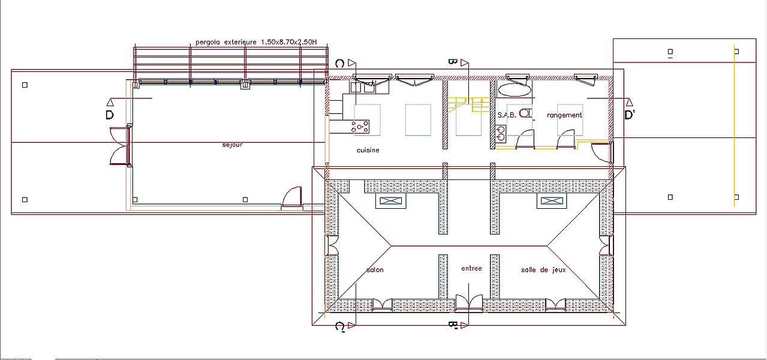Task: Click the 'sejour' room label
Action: (x=232, y=145)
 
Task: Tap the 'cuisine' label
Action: (x=368, y=150)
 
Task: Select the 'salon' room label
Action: (x=375, y=270)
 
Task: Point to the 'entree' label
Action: (x=471, y=269)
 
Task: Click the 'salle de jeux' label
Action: (x=543, y=270)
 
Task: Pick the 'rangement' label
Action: (x=564, y=115)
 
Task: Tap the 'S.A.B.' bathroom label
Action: (x=507, y=115)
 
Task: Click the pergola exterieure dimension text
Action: (x=256, y=42)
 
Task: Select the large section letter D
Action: (x=110, y=115)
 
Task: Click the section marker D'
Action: (x=629, y=115)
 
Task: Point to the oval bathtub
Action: (x=515, y=91)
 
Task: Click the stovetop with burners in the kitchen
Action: (x=360, y=127)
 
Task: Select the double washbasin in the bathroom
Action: (x=501, y=134)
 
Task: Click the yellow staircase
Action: (x=468, y=105)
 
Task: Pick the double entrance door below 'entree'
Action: (x=469, y=304)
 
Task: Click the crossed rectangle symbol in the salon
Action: (x=390, y=201)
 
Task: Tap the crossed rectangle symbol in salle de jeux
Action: (x=552, y=201)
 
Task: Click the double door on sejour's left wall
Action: (x=121, y=146)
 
